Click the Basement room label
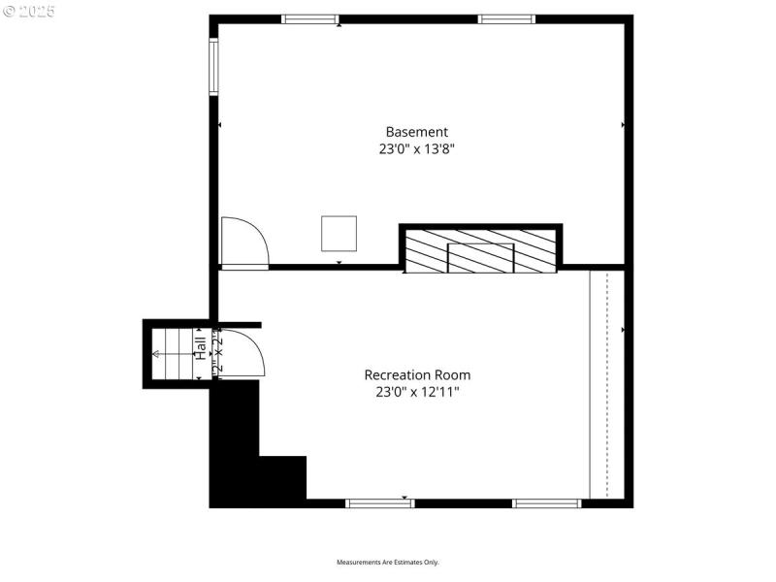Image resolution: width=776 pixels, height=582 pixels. coord(417,132)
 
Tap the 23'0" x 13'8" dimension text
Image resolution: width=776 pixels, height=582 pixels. coord(417,149)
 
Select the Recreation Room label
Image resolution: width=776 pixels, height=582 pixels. coord(417,374)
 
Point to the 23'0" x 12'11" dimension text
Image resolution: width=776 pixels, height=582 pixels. coord(417,392)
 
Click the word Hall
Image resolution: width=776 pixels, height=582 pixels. coord(200,349)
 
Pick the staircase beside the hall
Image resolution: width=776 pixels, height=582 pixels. coord(173,353)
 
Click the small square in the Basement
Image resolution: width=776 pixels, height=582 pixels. coord(339,233)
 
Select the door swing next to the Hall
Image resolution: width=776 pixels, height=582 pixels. coord(242,351)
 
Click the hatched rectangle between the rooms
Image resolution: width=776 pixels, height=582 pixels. coord(480,250)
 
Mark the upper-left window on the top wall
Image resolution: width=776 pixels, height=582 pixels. coord(309,18)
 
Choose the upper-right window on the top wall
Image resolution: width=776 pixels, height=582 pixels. coord(505,18)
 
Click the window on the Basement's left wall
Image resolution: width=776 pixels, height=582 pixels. coord(213,66)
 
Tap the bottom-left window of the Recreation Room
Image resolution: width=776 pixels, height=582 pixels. coord(380,502)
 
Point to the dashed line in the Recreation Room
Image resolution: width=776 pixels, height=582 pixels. coord(607,383)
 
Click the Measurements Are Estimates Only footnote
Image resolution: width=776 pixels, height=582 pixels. coord(388,563)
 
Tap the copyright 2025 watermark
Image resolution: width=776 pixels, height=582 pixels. coord(29,12)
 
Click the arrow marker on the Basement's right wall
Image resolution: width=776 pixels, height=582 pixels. coord(623,125)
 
